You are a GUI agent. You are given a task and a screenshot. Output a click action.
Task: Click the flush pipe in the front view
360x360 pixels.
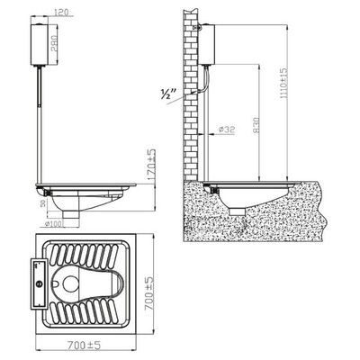pos(40,126)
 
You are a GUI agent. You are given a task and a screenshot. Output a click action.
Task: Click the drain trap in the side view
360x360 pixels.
pos(236,209)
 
